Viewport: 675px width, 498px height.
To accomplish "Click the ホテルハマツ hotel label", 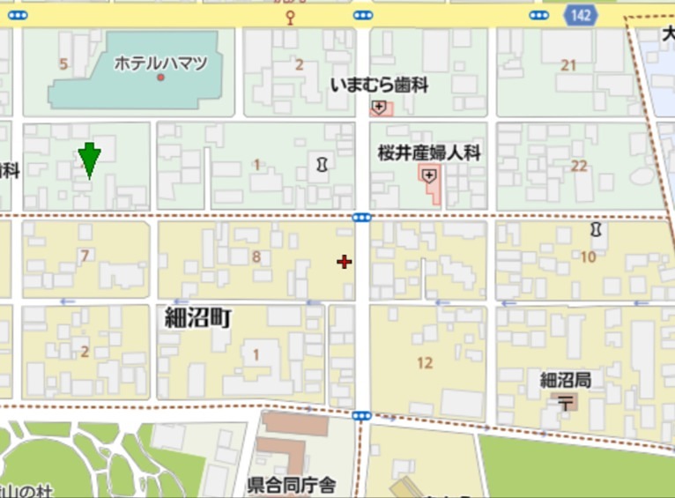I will click(160, 63).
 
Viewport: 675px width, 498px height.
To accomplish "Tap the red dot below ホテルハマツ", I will click(160, 78).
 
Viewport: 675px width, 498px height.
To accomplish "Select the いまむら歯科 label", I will click(379, 85).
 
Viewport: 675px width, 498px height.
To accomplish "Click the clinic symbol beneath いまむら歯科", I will click(379, 108).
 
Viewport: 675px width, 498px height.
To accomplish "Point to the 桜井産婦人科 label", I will click(429, 152).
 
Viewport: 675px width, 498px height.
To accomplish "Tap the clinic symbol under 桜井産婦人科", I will click(429, 175).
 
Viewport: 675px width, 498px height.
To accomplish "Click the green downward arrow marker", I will click(89, 160).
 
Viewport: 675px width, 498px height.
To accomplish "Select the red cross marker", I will click(344, 262).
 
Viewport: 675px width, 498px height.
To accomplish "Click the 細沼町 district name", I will click(198, 317).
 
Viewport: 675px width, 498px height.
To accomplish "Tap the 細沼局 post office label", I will click(565, 380).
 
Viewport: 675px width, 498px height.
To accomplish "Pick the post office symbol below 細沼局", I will click(565, 403).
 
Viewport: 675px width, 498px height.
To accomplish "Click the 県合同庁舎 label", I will click(292, 485).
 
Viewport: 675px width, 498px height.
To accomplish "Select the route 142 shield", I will click(580, 15).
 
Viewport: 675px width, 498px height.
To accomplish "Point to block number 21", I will click(568, 64).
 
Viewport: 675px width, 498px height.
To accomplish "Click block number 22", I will click(579, 166).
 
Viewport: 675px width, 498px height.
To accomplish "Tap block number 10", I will click(588, 257).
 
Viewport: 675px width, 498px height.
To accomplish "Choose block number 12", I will click(426, 362).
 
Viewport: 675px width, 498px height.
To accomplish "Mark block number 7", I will click(85, 256).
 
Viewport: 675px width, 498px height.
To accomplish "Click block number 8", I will click(256, 256).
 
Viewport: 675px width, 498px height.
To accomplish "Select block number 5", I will click(63, 63).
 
